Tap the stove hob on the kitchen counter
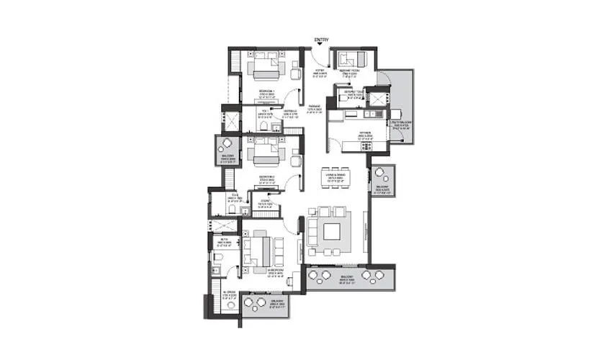point(366,146)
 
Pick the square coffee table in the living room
point(333,232)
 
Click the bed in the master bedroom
point(260,251)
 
